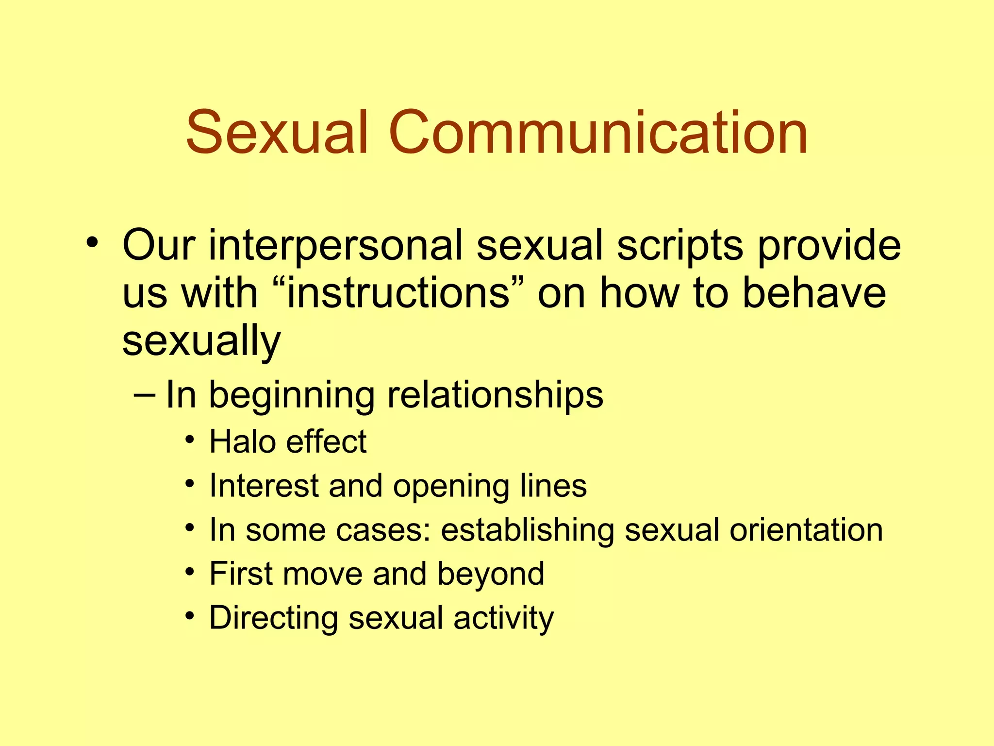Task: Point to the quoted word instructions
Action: tap(398, 293)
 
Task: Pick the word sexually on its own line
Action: tap(201, 341)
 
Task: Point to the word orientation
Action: tap(806, 530)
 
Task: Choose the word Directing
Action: tap(273, 618)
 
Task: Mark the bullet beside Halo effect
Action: tap(190, 440)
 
